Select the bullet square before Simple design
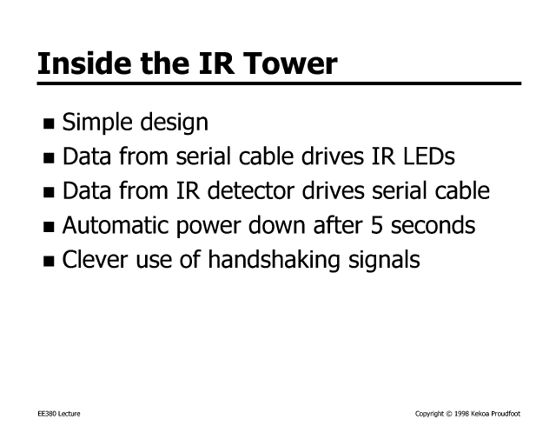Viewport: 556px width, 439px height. [x=49, y=123]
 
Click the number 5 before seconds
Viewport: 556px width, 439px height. [x=376, y=225]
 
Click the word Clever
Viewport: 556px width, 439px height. [x=95, y=259]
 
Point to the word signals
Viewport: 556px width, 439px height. [x=384, y=260]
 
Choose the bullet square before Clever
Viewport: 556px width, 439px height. [x=49, y=261]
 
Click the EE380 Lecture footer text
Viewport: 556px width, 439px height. [x=59, y=414]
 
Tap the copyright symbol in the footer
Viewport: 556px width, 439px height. [x=449, y=414]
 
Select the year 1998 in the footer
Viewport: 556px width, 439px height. [x=461, y=414]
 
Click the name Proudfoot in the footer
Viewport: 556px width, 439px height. [x=506, y=414]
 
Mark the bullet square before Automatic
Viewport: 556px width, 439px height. [x=49, y=227]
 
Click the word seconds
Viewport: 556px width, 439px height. [x=433, y=225]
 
